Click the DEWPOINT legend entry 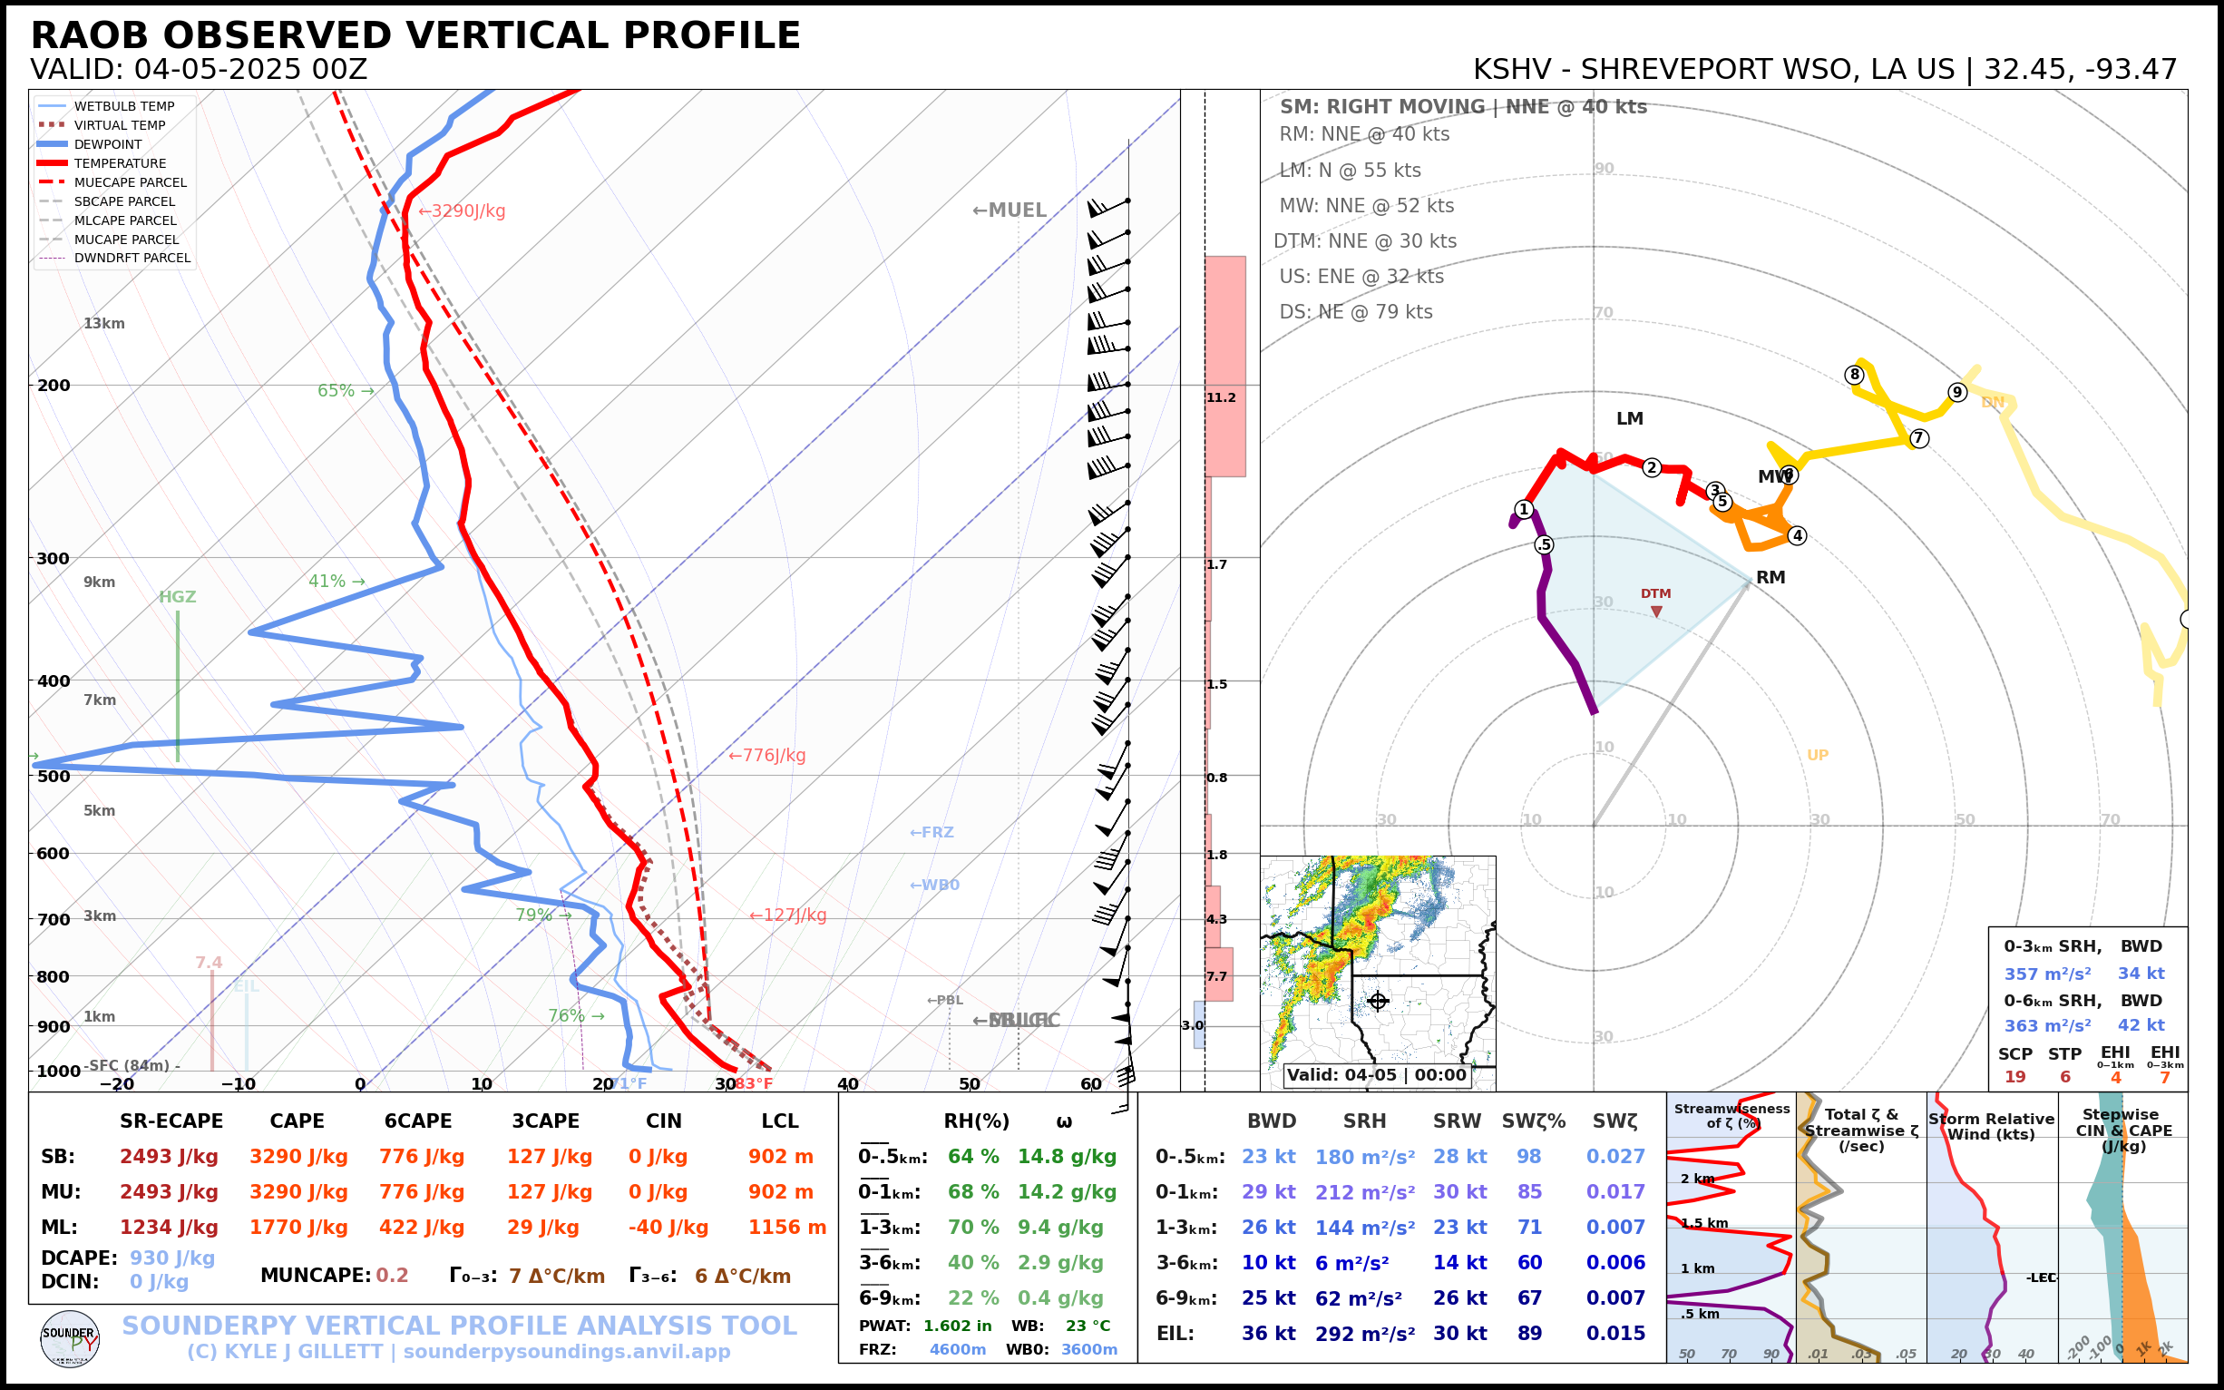(x=108, y=144)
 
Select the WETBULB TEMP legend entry (x=124, y=107)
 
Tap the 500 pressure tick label (x=54, y=776)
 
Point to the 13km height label (x=103, y=324)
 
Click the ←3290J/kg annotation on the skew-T (x=462, y=211)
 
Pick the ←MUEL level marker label (x=1010, y=210)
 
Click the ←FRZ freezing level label (x=931, y=833)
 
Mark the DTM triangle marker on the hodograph (x=1656, y=612)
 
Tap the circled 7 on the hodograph (x=1919, y=438)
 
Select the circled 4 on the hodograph (x=1797, y=536)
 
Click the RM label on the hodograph (x=1770, y=577)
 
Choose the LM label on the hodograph (x=1629, y=419)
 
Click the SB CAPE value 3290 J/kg (x=298, y=1157)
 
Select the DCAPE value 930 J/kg (x=171, y=1258)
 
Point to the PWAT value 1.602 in (x=958, y=1326)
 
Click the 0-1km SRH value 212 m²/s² (x=1365, y=1192)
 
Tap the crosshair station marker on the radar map (x=1378, y=1000)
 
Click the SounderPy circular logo (x=70, y=1338)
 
